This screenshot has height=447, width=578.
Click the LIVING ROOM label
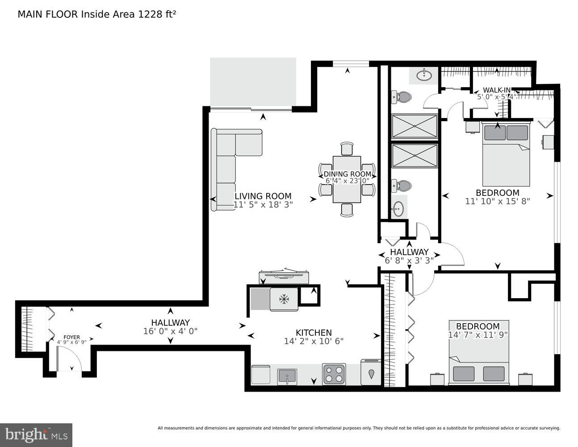(263, 196)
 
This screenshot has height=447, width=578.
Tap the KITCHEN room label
(314, 333)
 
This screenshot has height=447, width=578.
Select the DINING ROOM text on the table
(347, 174)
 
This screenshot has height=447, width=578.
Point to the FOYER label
(71, 337)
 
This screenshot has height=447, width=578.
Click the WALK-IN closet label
(496, 90)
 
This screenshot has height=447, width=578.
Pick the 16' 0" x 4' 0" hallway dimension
(170, 331)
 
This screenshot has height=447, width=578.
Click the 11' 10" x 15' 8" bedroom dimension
(497, 201)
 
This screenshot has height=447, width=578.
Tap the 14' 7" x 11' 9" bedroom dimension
(477, 335)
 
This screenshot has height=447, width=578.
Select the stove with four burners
(334, 374)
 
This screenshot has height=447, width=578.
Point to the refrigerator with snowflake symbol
(283, 299)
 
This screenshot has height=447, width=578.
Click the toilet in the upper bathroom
(401, 97)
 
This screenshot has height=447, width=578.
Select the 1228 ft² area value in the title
(160, 14)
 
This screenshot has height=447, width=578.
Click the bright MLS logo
(36, 434)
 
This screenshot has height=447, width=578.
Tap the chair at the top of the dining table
(347, 148)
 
